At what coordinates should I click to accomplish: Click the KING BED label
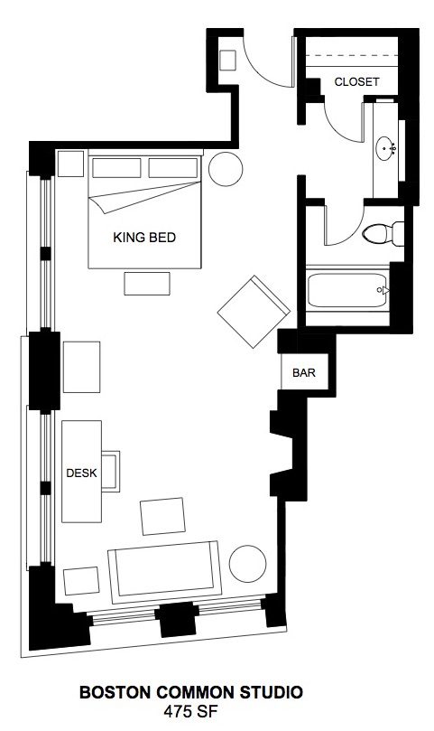click(x=144, y=238)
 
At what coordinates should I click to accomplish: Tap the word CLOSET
click(x=356, y=81)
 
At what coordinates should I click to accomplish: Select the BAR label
click(x=304, y=373)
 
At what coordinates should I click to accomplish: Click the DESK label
click(x=81, y=473)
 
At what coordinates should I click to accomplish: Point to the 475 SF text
click(x=190, y=712)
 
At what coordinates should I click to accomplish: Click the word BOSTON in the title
click(x=115, y=692)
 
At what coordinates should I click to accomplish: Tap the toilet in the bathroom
click(x=383, y=233)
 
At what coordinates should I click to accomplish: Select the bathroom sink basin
click(x=385, y=148)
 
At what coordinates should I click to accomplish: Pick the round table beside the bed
click(x=226, y=169)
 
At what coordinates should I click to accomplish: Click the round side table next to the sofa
click(x=248, y=564)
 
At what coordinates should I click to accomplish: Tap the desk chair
click(x=111, y=471)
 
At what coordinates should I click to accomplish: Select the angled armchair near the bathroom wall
click(x=254, y=312)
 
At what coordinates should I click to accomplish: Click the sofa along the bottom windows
click(x=164, y=572)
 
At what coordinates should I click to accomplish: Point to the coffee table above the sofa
click(x=163, y=517)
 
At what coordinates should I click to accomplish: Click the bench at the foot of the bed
click(x=147, y=284)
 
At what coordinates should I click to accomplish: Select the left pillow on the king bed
click(x=116, y=168)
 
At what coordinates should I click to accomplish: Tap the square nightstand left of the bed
click(x=70, y=164)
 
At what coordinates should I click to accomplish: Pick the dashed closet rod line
click(x=352, y=57)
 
